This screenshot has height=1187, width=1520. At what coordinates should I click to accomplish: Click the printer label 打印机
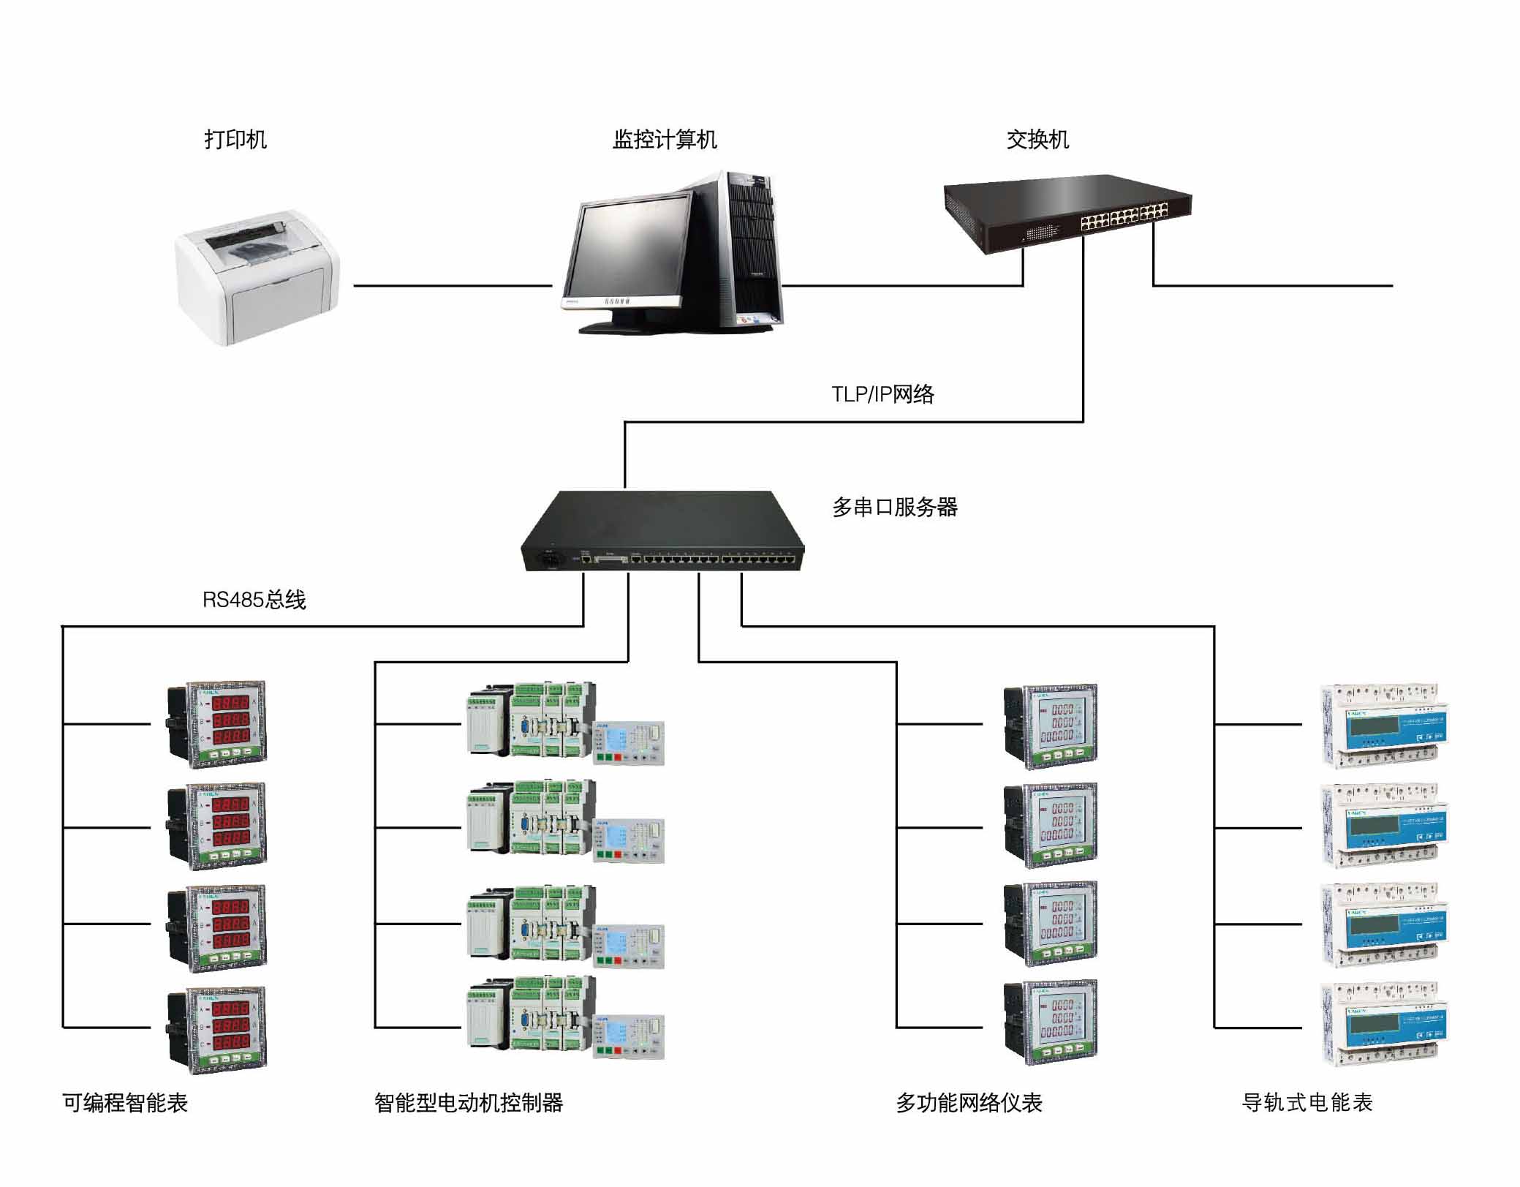point(235,139)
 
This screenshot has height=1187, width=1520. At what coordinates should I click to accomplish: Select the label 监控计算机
point(664,139)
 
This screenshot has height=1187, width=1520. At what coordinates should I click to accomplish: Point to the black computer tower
point(752,249)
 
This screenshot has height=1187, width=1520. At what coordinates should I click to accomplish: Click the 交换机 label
point(1037,139)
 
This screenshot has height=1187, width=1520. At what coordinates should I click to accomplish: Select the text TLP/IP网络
point(882,394)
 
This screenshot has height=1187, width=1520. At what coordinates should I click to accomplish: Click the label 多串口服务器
point(894,507)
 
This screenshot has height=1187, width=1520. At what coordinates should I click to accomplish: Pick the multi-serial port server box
point(662,532)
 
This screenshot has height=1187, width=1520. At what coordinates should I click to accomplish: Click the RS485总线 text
point(254,600)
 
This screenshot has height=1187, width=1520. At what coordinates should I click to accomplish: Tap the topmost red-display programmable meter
point(217,724)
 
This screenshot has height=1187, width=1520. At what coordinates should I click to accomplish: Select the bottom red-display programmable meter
point(217,1029)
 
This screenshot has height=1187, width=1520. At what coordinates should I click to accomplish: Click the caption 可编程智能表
point(125,1102)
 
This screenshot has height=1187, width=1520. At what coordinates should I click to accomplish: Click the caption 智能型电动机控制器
point(469,1102)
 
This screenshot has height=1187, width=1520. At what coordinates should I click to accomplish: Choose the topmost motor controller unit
point(564,724)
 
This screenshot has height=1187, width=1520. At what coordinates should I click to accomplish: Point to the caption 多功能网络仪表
point(969,1102)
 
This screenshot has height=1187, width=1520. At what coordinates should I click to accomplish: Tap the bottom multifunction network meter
point(1051,1022)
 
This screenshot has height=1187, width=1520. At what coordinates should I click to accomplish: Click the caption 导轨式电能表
point(1307,1102)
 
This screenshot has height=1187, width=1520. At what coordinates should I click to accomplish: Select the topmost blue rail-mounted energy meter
point(1384,726)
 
